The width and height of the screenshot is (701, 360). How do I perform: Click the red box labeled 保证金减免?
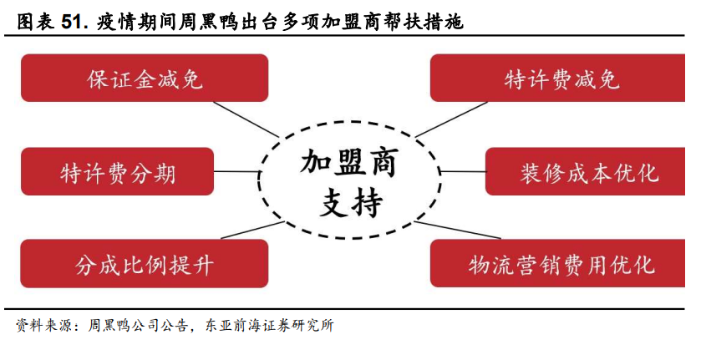tap(145, 79)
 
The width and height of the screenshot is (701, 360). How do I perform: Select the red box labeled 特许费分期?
tap(117, 171)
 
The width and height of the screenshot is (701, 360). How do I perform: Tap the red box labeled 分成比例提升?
tap(145, 263)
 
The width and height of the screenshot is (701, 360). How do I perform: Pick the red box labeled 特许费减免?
tap(557, 79)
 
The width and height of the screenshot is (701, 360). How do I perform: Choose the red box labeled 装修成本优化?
tap(585, 171)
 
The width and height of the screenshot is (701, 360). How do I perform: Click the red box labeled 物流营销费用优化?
tap(557, 263)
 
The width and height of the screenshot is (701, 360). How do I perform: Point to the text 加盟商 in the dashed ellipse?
tap(348, 162)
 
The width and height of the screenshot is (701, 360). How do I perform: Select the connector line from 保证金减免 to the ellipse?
tap(246, 119)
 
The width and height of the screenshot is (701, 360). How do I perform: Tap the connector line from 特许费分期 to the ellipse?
tap(236, 171)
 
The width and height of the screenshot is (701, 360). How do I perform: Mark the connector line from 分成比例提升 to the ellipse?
tap(252, 230)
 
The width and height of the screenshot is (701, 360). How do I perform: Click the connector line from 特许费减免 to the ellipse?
tap(451, 119)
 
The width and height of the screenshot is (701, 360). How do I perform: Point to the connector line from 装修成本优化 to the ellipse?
tap(463, 171)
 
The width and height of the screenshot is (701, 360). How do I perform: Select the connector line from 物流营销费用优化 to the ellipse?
tap(457, 230)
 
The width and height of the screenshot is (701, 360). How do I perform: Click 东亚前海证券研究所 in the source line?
tap(269, 326)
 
